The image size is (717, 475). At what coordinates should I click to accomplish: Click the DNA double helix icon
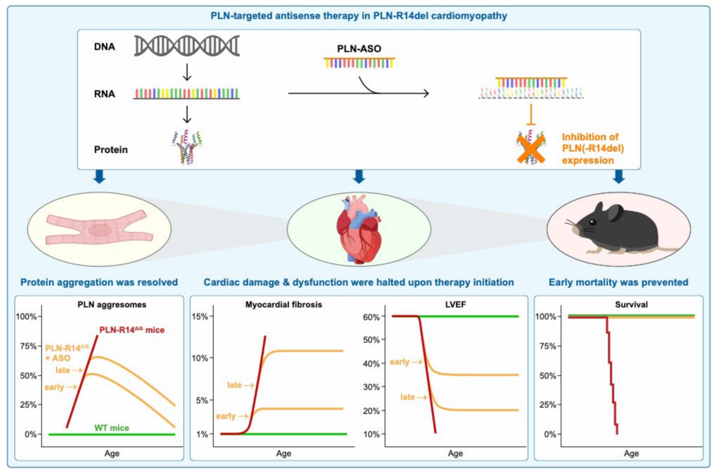pyautogui.click(x=187, y=46)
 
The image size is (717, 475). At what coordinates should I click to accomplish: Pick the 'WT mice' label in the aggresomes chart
pyautogui.click(x=111, y=428)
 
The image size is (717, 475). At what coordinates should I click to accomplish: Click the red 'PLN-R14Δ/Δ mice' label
pyautogui.click(x=133, y=330)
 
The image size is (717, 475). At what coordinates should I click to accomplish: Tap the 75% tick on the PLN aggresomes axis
pyautogui.click(x=29, y=346)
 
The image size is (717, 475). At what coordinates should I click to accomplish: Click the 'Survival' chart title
pyautogui.click(x=630, y=306)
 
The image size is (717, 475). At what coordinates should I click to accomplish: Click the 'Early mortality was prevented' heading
pyautogui.click(x=618, y=282)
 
